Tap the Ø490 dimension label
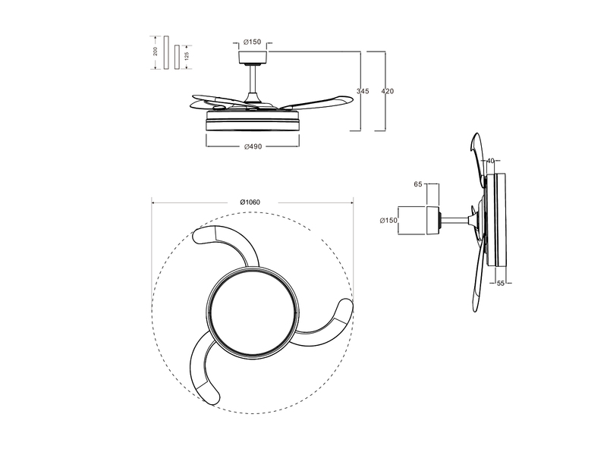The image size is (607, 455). [253, 146]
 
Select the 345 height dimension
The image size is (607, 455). [362, 91]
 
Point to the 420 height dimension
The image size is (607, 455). [387, 91]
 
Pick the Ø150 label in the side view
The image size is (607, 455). [388, 221]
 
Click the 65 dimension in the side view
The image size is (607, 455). [418, 184]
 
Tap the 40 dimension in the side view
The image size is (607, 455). [490, 161]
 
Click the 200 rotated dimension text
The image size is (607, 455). [155, 52]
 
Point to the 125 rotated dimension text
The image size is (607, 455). [186, 57]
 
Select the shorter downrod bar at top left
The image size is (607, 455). [177, 57]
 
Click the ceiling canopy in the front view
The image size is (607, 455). [253, 58]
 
